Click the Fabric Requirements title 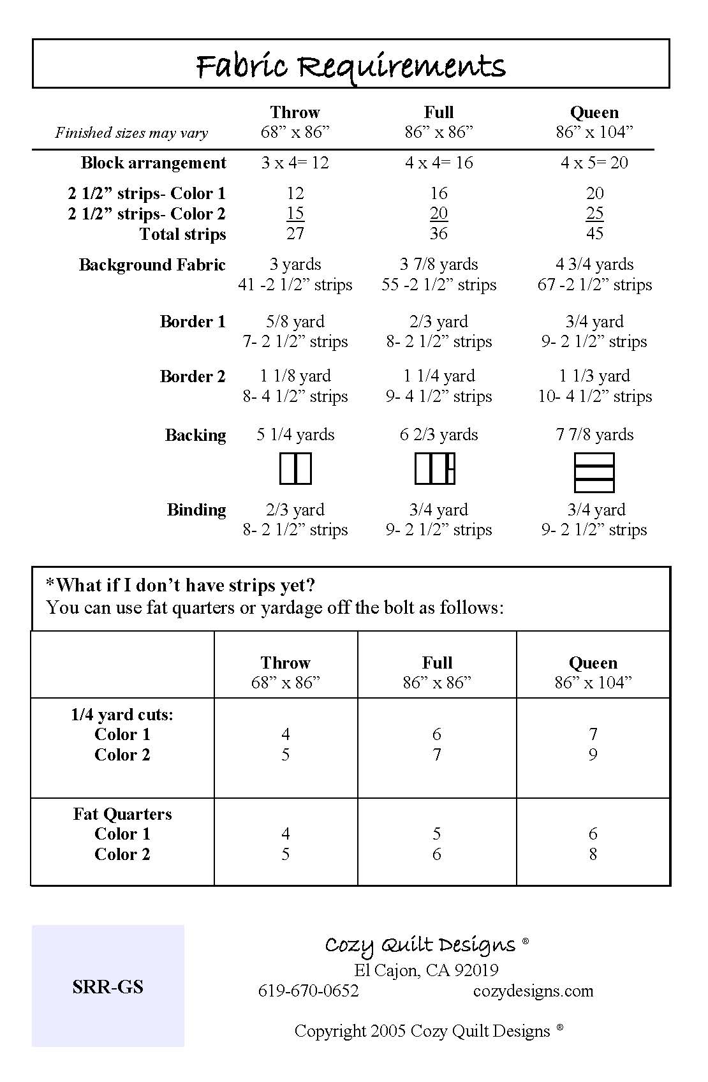(x=350, y=66)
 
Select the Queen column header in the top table (x=594, y=113)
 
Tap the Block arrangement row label (x=153, y=163)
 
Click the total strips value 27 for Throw (x=295, y=233)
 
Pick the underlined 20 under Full (x=438, y=213)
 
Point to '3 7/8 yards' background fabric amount (x=438, y=264)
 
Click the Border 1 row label (x=193, y=322)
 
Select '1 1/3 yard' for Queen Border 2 (x=594, y=376)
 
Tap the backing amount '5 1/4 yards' (x=295, y=434)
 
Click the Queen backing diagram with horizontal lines (x=594, y=472)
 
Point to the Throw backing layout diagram (x=295, y=468)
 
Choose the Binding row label (x=196, y=510)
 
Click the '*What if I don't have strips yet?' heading (x=181, y=586)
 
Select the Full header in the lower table (x=437, y=663)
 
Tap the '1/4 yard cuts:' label (x=122, y=715)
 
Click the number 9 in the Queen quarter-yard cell (x=593, y=755)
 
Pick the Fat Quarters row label (x=122, y=814)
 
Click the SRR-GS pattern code (x=108, y=987)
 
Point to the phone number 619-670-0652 (x=308, y=991)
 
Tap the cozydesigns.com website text (x=533, y=991)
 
